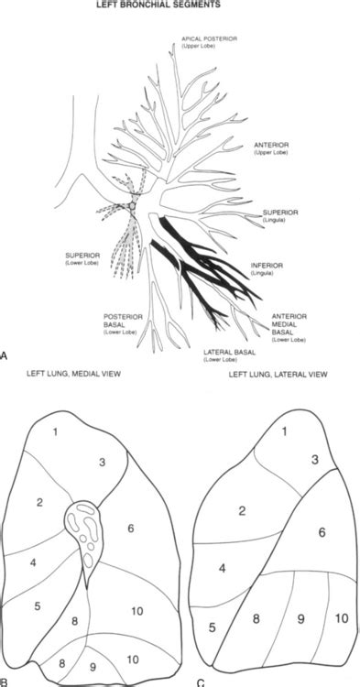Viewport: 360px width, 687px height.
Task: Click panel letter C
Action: (x=200, y=681)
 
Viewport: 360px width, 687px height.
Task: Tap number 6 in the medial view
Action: (x=131, y=528)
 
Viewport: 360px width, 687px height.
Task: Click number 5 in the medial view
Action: (x=38, y=605)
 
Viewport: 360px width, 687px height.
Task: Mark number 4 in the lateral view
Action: (x=223, y=569)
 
